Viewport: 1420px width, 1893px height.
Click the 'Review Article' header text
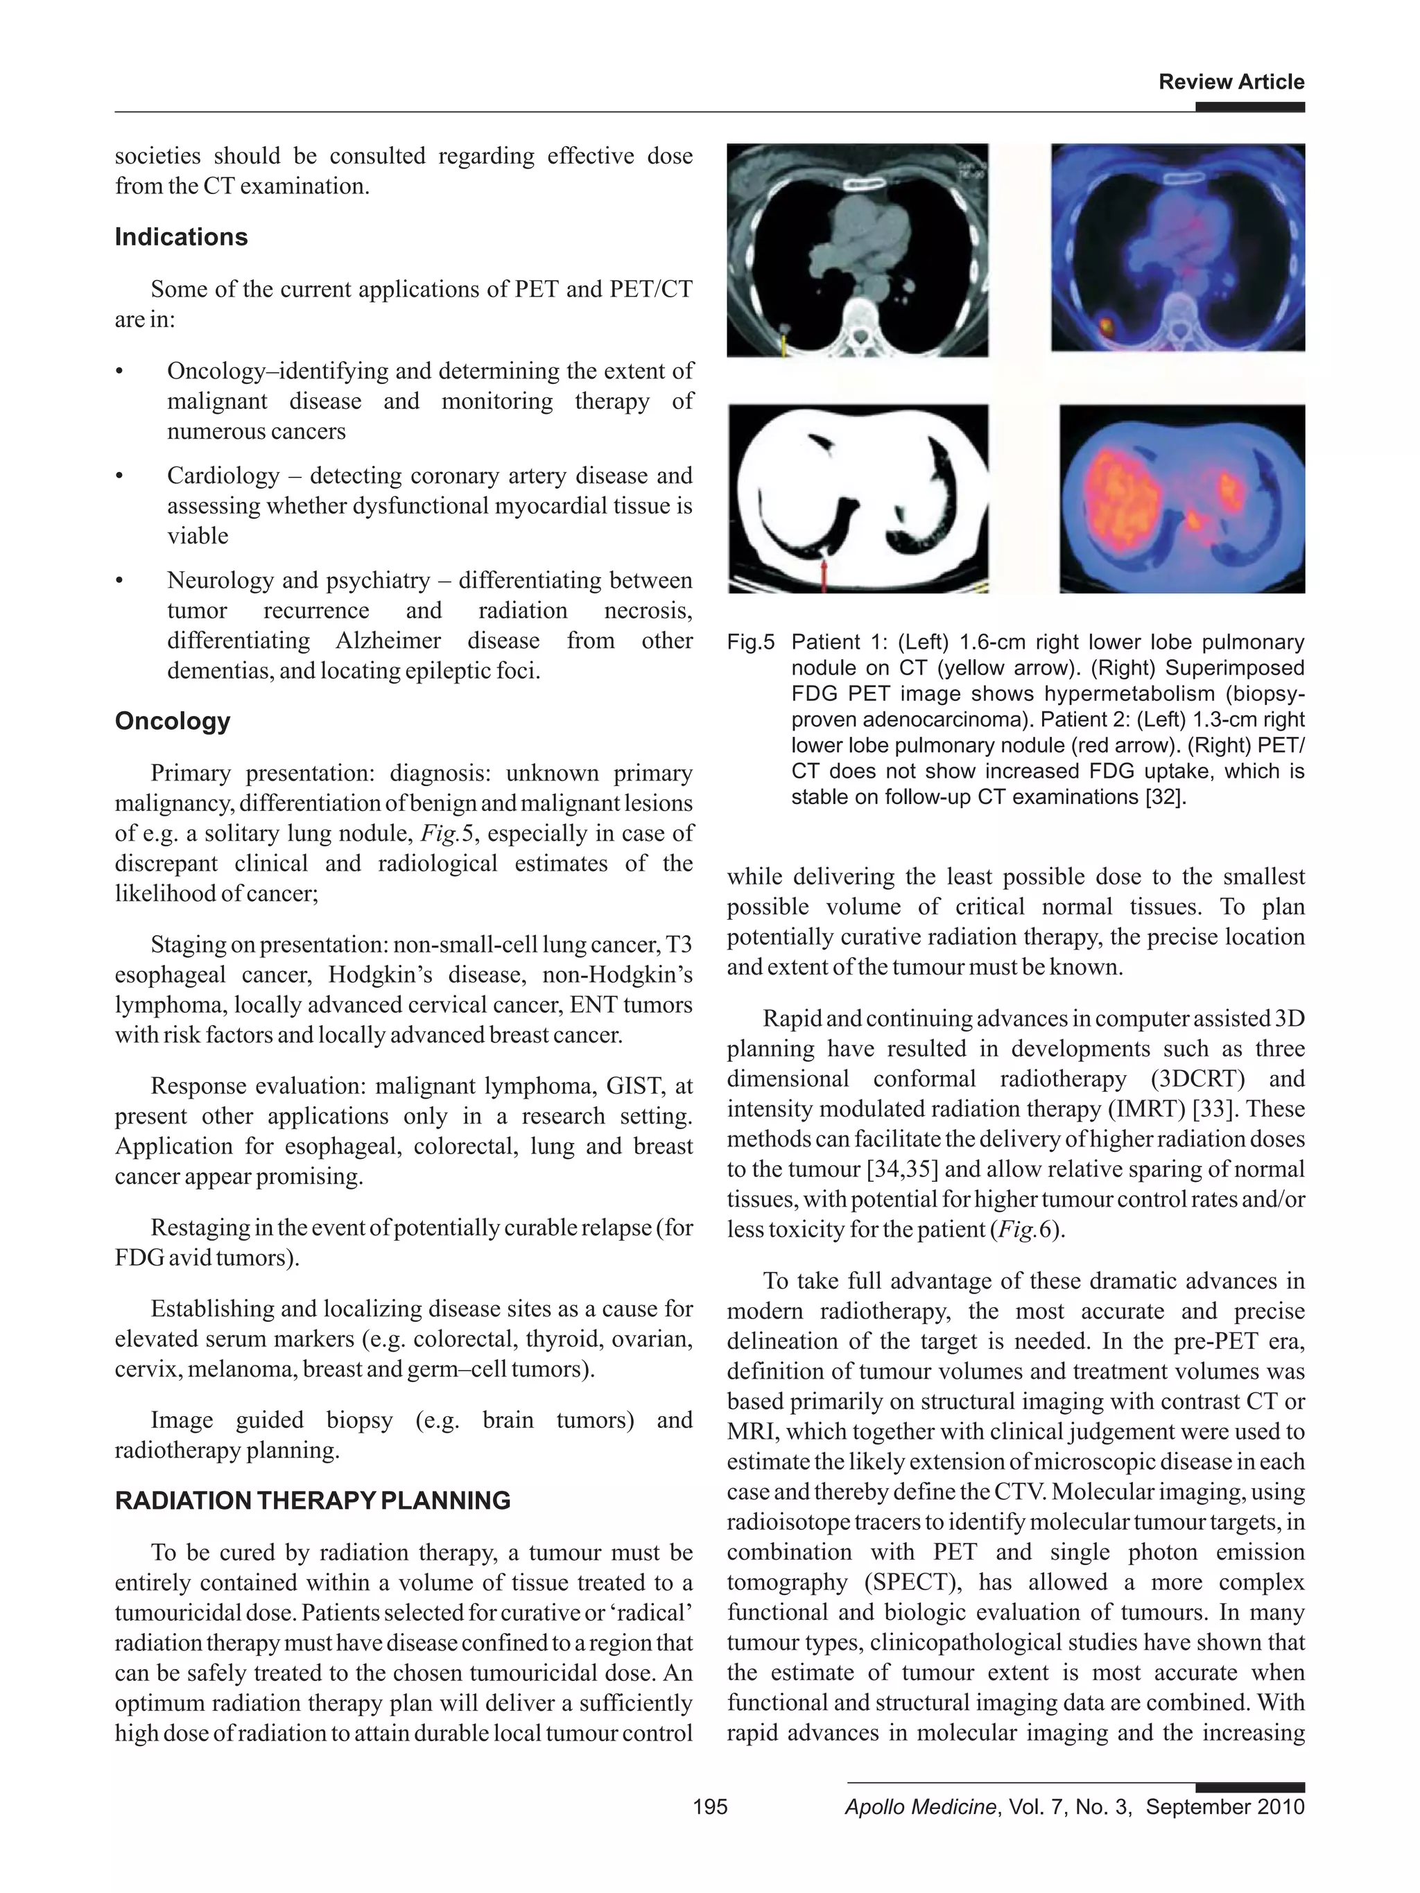tap(1230, 82)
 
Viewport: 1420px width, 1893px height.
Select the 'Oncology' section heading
tap(172, 721)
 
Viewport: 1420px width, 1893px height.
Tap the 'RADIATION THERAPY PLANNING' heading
tap(313, 1500)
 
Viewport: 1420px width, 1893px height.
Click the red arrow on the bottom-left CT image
tap(824, 574)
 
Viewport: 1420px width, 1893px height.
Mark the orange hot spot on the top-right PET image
tap(1104, 325)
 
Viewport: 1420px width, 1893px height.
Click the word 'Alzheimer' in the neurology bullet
tap(388, 640)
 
